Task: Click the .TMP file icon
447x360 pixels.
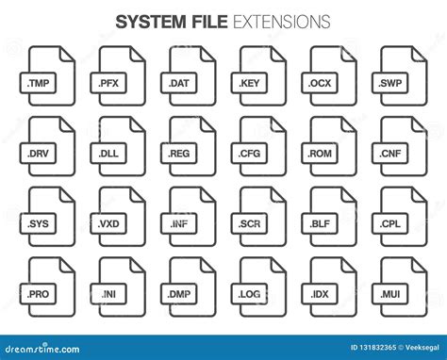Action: tap(50, 71)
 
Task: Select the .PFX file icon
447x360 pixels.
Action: tap(119, 71)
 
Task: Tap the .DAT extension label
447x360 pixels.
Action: tap(180, 82)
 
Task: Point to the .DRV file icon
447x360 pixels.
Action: tap(50, 140)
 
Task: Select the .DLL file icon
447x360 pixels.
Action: tap(119, 140)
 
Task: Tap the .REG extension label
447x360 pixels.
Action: tap(180, 152)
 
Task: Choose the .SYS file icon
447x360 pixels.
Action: tap(50, 211)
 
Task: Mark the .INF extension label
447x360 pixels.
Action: tap(180, 223)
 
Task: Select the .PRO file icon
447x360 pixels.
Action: tap(50, 283)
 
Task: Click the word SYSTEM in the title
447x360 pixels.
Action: tap(149, 21)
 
